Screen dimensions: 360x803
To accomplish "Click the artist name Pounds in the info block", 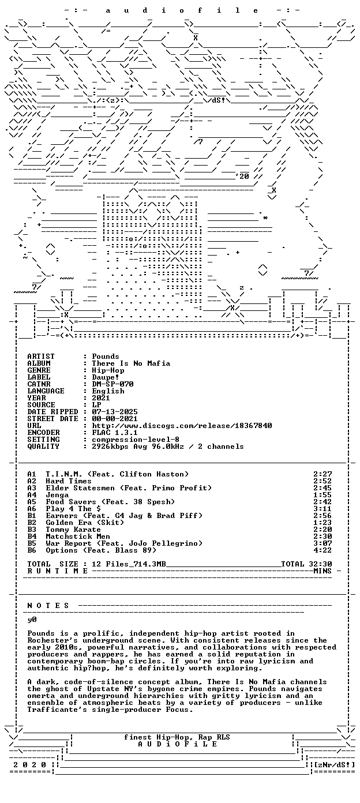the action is pos(106,357).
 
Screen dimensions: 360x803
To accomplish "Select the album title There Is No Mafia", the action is pos(131,363).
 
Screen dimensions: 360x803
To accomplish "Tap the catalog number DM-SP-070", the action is pos(112,384).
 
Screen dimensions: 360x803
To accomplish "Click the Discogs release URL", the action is pos(182,426).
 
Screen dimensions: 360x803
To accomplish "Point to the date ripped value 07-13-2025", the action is pos(115,412).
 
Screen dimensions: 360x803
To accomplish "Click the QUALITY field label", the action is pos(43,446).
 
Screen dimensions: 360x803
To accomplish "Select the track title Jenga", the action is pos(57,495).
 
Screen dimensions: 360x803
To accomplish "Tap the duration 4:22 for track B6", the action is pos(322,550).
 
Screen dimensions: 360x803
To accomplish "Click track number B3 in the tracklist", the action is pos(32,530).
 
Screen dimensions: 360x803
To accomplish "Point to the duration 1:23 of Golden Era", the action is pos(322,523).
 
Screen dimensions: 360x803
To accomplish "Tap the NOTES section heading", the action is pos(48,606).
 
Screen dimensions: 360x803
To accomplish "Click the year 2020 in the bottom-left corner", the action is pos(30,765).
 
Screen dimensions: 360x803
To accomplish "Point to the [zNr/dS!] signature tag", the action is pos(334,765).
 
